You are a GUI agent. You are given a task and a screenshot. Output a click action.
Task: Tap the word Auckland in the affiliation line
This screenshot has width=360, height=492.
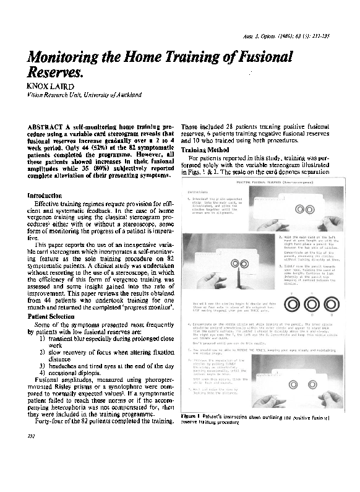tap(126, 95)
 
